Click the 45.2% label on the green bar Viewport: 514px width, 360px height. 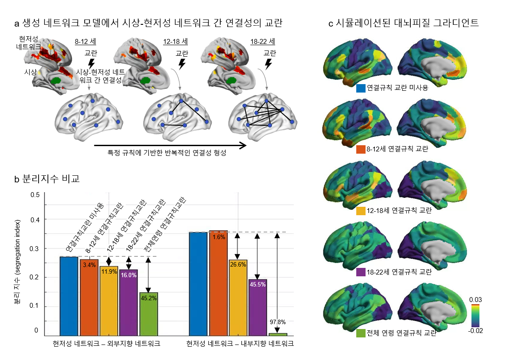coord(148,298)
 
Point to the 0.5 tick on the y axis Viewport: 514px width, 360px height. coord(35,195)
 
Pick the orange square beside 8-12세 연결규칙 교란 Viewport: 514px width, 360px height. coord(361,149)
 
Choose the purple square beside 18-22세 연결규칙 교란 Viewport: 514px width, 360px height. coord(361,272)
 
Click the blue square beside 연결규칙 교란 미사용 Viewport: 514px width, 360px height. coord(361,88)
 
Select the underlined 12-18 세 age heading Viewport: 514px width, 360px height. coord(175,42)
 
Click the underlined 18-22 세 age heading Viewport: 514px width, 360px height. coord(263,42)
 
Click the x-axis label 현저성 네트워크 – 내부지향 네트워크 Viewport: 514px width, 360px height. coord(240,343)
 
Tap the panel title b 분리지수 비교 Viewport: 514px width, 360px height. coord(47,179)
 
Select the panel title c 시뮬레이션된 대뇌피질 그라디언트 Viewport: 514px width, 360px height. coord(403,23)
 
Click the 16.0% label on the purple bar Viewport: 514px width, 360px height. coord(128,275)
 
